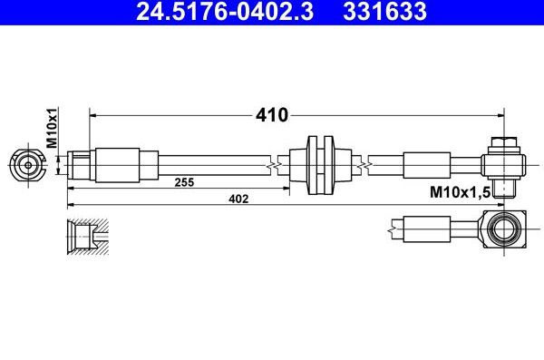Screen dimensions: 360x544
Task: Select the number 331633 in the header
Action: click(x=384, y=13)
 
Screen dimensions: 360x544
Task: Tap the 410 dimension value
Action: click(x=273, y=115)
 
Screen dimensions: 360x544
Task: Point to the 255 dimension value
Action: click(x=185, y=182)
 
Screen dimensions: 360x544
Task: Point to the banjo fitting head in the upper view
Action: click(x=504, y=164)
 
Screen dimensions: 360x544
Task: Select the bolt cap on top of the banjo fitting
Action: click(x=504, y=143)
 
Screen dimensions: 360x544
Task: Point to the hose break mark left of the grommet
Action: click(x=275, y=164)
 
